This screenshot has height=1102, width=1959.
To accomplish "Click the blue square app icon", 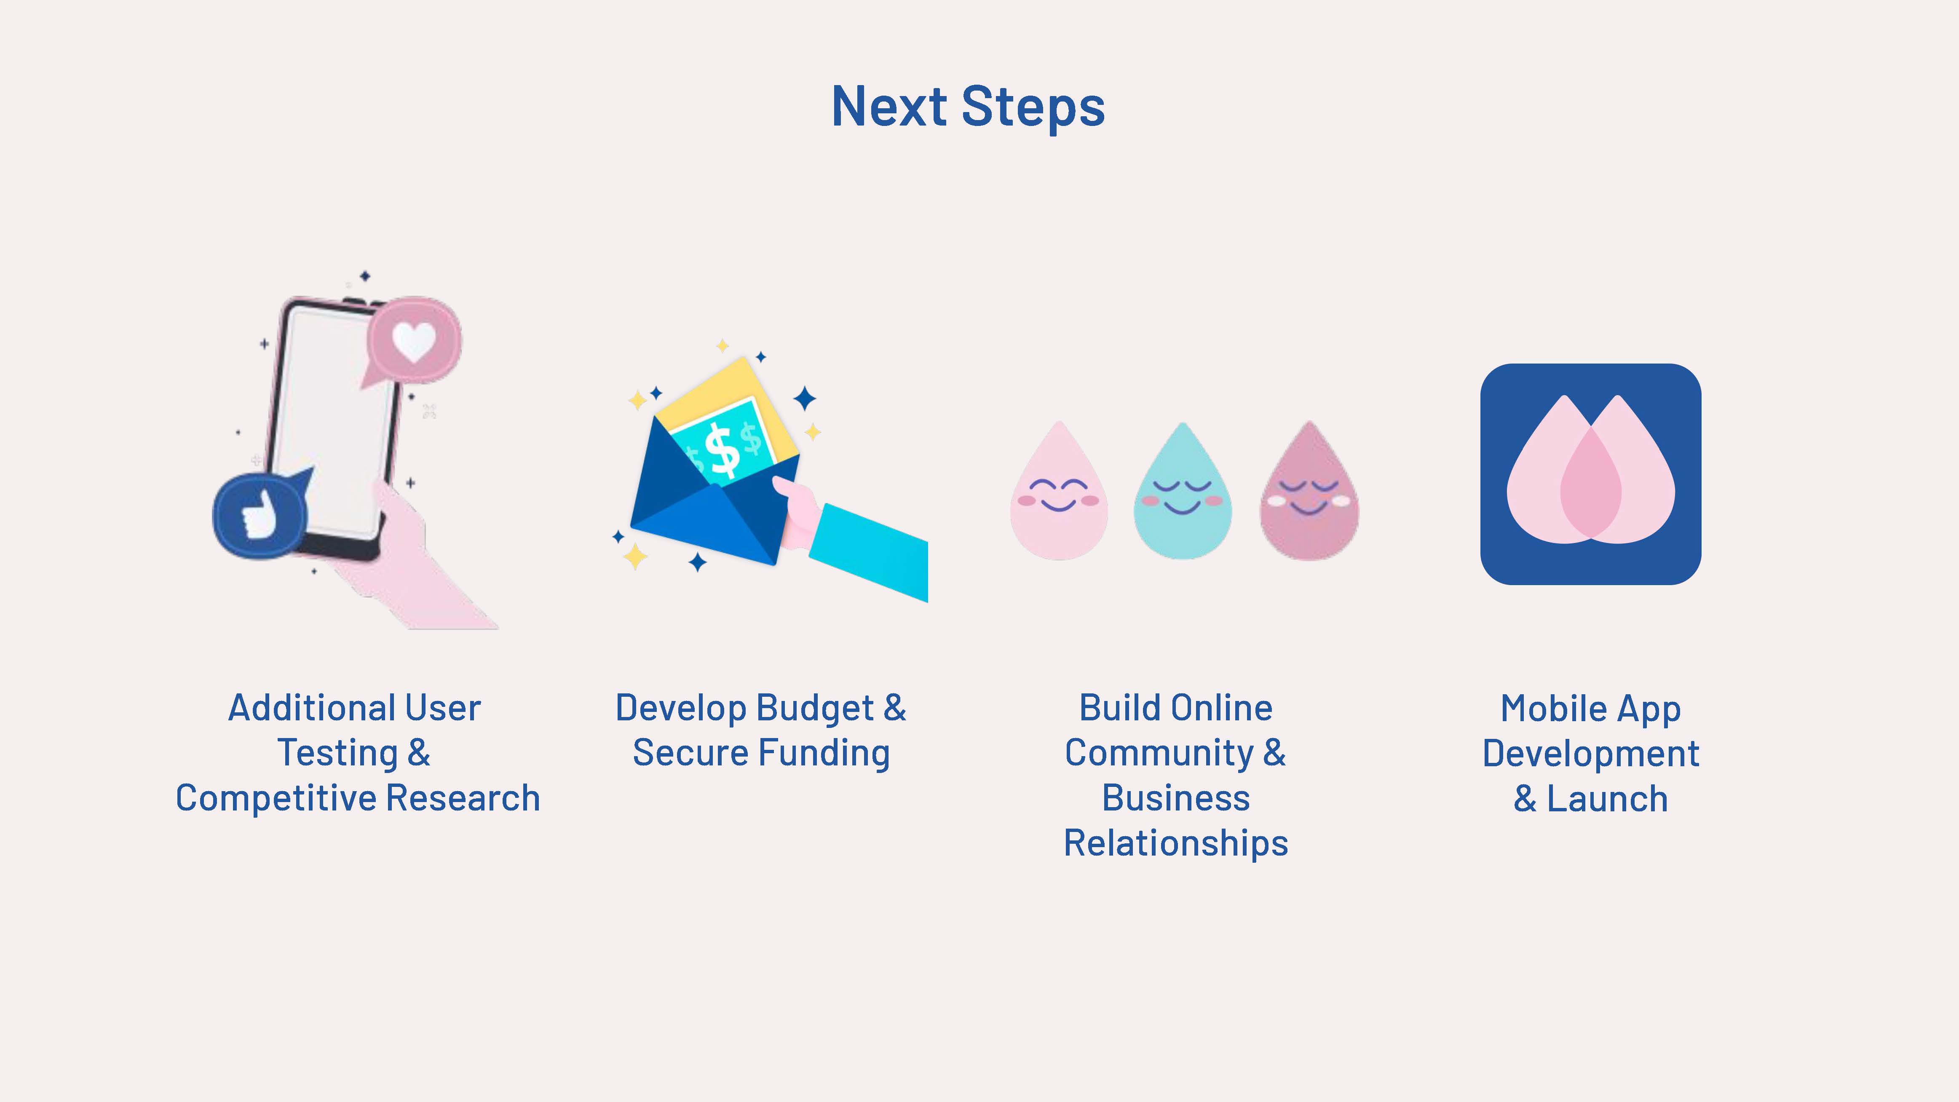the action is tap(1590, 474).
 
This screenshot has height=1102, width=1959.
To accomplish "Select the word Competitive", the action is tap(276, 798).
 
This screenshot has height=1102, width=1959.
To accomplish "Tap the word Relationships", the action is tap(1176, 843).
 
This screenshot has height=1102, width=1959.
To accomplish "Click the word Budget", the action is tap(815, 708).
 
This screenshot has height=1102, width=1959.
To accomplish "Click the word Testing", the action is tap(337, 753).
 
